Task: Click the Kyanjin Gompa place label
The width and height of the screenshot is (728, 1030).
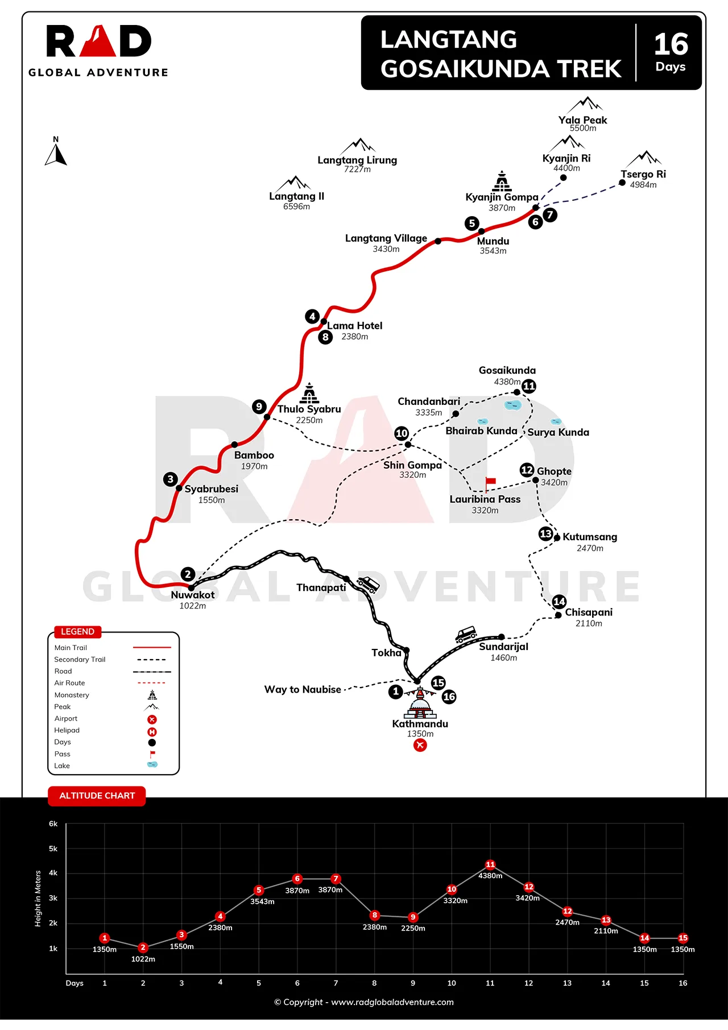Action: [x=502, y=197]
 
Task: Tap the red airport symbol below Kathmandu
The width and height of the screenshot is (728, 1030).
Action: [x=420, y=745]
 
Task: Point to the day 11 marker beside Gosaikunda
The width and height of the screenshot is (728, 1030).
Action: [x=529, y=386]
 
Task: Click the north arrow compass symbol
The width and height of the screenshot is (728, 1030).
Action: [x=56, y=153]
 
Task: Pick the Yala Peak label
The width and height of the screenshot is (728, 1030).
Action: [x=582, y=120]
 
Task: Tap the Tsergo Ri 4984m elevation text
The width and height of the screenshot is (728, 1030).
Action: [x=643, y=185]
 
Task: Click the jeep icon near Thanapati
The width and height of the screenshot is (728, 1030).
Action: [x=368, y=584]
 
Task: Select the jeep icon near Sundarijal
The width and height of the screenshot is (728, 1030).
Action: [x=466, y=635]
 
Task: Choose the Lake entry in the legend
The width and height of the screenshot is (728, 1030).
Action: [x=62, y=766]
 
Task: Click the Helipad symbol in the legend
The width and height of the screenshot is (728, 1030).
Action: [x=152, y=731]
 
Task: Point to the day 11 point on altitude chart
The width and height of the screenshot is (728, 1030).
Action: [x=490, y=864]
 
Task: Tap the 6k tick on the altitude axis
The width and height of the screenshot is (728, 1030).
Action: [x=53, y=824]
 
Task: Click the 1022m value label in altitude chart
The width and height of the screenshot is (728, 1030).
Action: [x=143, y=959]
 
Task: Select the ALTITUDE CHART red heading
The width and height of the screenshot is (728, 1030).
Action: [x=97, y=796]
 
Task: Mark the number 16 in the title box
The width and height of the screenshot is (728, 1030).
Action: [x=671, y=44]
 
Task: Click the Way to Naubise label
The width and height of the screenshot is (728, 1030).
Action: [x=303, y=689]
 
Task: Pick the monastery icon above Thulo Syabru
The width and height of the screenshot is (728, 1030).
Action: [x=309, y=393]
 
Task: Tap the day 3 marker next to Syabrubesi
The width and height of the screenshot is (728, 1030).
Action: [x=170, y=479]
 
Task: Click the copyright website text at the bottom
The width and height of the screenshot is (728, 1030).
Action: [x=364, y=1002]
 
